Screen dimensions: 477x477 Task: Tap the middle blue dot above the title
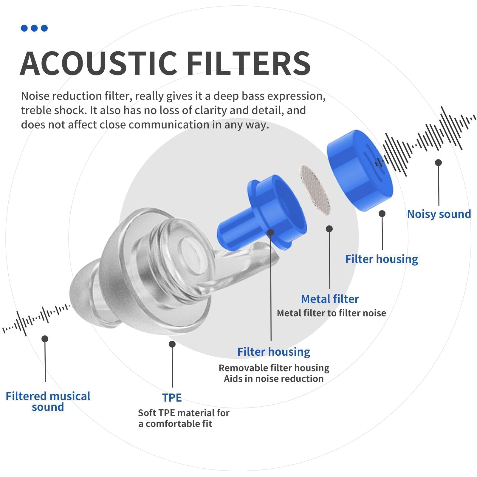[x=34, y=28]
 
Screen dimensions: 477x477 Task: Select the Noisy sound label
[x=439, y=214]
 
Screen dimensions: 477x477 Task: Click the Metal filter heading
[x=330, y=299]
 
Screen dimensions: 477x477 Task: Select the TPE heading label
[x=172, y=398]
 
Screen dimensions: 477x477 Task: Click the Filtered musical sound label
[x=48, y=401]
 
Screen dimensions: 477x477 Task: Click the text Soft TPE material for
[x=184, y=413]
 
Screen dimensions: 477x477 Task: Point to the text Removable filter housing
[x=274, y=368]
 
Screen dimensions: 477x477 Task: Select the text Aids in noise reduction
[x=274, y=379]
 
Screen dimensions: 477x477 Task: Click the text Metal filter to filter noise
[x=331, y=313]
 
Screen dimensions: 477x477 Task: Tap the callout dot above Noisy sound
[x=438, y=162]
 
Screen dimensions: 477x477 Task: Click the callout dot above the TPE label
[x=172, y=344]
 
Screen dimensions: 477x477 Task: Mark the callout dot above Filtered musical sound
[x=45, y=339]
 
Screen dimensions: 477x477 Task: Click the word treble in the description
[x=35, y=110]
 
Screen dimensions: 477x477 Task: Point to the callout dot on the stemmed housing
[x=270, y=232]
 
